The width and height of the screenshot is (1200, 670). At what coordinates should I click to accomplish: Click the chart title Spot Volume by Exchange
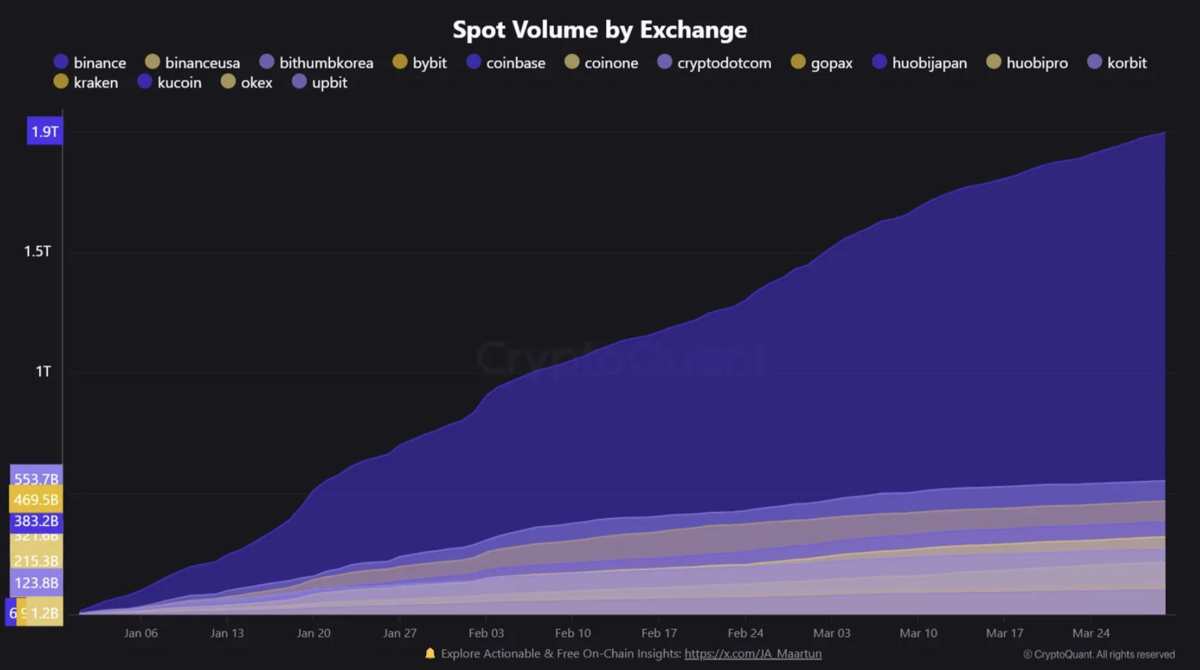tap(599, 30)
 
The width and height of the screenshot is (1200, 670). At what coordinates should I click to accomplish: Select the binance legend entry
tap(90, 62)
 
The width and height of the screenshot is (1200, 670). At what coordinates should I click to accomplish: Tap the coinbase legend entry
tap(506, 62)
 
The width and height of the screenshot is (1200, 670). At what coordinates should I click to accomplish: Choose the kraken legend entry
tap(86, 83)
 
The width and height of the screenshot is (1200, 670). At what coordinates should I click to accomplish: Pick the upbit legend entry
tap(320, 83)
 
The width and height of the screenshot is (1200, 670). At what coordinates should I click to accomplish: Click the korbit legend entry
tap(1117, 62)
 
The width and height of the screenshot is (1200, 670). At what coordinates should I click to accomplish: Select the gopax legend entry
tap(822, 62)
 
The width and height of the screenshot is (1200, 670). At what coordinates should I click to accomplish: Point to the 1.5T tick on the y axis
tap(38, 251)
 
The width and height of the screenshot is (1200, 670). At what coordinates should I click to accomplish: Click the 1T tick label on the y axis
tap(43, 372)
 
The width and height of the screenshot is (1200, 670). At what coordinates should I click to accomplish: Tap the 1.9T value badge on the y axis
tap(45, 131)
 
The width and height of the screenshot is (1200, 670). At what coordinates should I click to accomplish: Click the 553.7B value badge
tap(37, 478)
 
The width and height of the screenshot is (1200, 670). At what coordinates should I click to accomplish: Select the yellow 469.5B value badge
tap(36, 500)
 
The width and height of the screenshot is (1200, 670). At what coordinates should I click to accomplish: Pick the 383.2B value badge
tap(36, 521)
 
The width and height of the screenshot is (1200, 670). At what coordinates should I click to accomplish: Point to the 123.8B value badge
tap(36, 583)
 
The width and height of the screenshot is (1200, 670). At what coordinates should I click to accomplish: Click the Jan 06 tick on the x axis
tap(141, 633)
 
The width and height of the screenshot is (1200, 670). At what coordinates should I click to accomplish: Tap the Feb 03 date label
tap(486, 633)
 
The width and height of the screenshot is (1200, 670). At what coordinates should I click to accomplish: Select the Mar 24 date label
tap(1090, 633)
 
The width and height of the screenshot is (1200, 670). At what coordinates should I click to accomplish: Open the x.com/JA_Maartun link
tap(753, 654)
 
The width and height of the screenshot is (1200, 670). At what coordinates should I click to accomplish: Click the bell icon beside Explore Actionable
tap(430, 653)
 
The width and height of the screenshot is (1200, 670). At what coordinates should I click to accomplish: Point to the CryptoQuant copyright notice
tap(1099, 654)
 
